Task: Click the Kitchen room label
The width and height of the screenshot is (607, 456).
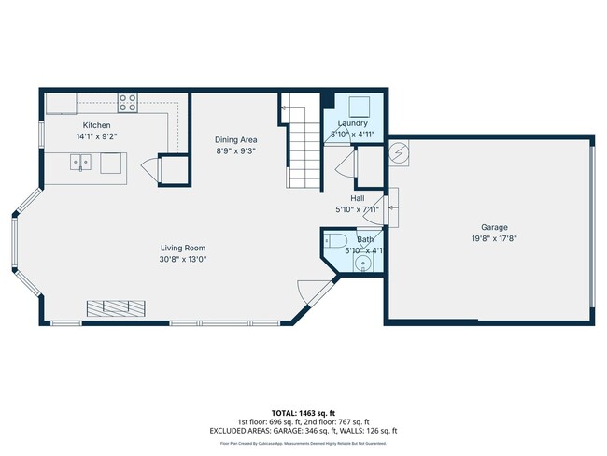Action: point(96,125)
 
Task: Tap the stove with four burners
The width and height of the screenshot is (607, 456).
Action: point(128,102)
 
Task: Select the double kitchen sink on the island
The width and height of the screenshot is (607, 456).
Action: point(83,163)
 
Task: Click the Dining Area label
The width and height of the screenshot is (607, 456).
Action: point(235,139)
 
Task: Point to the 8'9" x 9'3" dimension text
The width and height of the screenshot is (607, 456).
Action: point(235,150)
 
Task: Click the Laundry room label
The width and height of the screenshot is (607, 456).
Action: point(352,123)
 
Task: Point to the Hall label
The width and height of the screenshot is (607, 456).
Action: point(357,198)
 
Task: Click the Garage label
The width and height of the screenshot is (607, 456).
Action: point(494,227)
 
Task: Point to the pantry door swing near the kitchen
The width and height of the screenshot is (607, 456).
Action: point(149,170)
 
